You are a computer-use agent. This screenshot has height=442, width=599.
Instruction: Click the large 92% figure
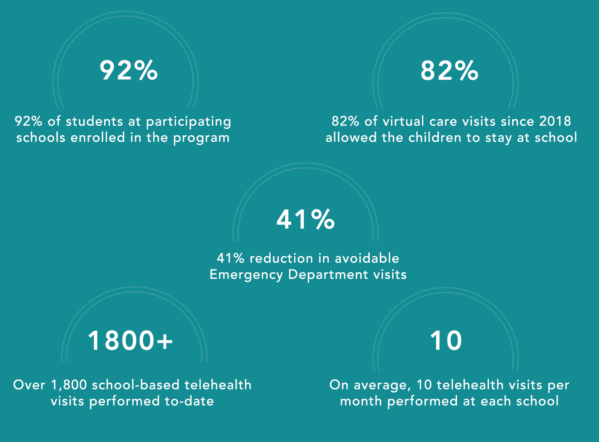click(x=129, y=70)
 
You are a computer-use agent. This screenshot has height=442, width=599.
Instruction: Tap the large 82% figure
click(x=449, y=71)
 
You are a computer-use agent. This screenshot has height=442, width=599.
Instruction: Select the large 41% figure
click(x=306, y=219)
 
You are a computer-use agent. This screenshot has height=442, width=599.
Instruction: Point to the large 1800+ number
click(x=130, y=340)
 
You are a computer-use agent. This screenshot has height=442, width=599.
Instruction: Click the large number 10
click(x=446, y=341)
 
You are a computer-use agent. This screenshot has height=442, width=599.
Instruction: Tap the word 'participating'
click(x=188, y=122)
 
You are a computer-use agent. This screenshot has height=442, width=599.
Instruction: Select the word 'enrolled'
click(x=98, y=138)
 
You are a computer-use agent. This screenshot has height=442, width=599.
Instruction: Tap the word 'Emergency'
click(x=246, y=275)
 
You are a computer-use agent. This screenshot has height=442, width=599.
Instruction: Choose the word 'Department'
click(x=328, y=275)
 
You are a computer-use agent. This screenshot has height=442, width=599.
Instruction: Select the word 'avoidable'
click(x=367, y=258)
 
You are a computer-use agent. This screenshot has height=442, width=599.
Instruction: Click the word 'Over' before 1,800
click(x=29, y=385)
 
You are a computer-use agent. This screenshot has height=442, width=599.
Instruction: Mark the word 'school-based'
click(x=135, y=385)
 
